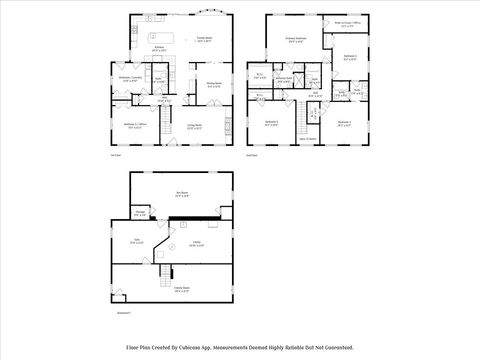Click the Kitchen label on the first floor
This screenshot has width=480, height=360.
158,47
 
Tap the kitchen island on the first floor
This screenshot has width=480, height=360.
162,39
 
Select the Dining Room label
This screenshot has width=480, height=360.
214,84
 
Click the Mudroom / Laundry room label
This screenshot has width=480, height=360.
129,78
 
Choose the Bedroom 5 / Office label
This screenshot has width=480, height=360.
133,126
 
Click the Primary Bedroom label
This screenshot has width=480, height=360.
295,40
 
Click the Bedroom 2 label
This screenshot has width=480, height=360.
272,123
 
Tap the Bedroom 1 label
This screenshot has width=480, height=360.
343,123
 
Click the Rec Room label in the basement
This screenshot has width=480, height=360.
183,195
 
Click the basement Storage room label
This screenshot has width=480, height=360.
141,213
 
